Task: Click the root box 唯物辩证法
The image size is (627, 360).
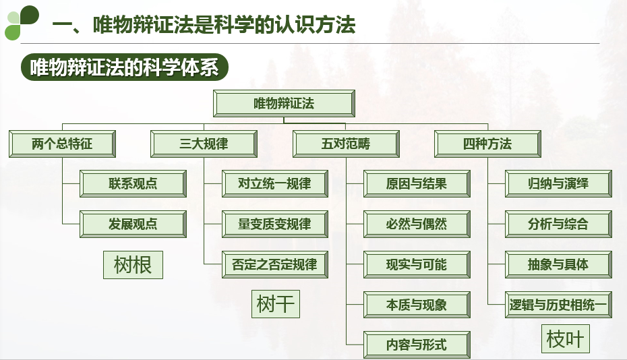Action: click(x=284, y=104)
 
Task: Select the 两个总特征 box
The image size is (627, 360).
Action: click(x=62, y=144)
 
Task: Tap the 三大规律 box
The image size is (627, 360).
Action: click(x=204, y=144)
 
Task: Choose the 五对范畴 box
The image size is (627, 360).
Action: click(x=346, y=144)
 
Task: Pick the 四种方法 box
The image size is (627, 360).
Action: click(x=487, y=144)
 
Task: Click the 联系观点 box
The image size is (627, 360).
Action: click(x=133, y=183)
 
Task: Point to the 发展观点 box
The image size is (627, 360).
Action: click(x=133, y=224)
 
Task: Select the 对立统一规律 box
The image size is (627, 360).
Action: click(x=275, y=183)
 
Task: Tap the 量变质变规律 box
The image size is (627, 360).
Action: click(x=275, y=224)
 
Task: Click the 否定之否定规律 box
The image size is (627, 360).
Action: click(x=275, y=264)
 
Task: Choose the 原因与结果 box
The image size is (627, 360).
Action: click(x=417, y=183)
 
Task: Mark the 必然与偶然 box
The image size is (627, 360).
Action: click(x=417, y=224)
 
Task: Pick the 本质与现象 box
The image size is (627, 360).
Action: click(x=417, y=305)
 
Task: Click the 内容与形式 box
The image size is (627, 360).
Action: click(x=417, y=345)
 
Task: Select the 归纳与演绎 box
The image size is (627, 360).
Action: click(x=558, y=183)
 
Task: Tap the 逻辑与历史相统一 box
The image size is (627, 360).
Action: click(x=558, y=305)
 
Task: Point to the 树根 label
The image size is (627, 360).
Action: click(x=133, y=265)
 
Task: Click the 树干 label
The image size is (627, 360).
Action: click(x=275, y=304)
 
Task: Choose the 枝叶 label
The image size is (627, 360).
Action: click(x=565, y=339)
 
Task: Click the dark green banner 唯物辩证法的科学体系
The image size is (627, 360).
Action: click(x=125, y=68)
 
